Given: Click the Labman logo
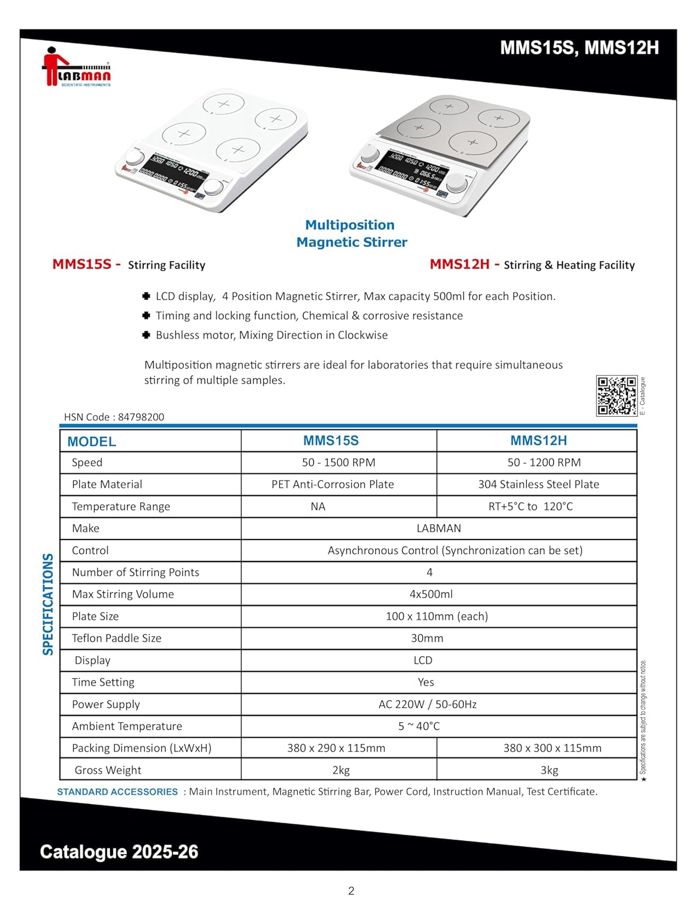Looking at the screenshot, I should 76,67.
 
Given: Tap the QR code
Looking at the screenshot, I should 616,395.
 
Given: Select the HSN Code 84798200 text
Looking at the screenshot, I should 114,417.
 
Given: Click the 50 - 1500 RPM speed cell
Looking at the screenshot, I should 339,462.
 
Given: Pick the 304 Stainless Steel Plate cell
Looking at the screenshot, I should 538,484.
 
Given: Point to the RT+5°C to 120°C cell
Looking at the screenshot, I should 530,506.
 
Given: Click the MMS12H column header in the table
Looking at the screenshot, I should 538,440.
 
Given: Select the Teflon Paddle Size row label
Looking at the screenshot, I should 117,638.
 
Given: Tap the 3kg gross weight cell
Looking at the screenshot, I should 549,770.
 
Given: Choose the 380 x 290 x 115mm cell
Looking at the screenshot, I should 336,748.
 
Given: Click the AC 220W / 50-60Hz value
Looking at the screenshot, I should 428,704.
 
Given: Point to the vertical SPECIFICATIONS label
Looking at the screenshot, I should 48,604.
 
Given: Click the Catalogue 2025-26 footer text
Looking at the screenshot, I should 119,851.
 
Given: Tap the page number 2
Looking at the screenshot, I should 351,891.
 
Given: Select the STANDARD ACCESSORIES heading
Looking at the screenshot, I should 117,792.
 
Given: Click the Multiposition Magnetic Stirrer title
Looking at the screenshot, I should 351,233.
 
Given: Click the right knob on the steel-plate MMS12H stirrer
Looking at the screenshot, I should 459,181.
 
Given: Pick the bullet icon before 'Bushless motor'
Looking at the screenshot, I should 146,335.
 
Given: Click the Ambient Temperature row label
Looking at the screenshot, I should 127,726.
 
